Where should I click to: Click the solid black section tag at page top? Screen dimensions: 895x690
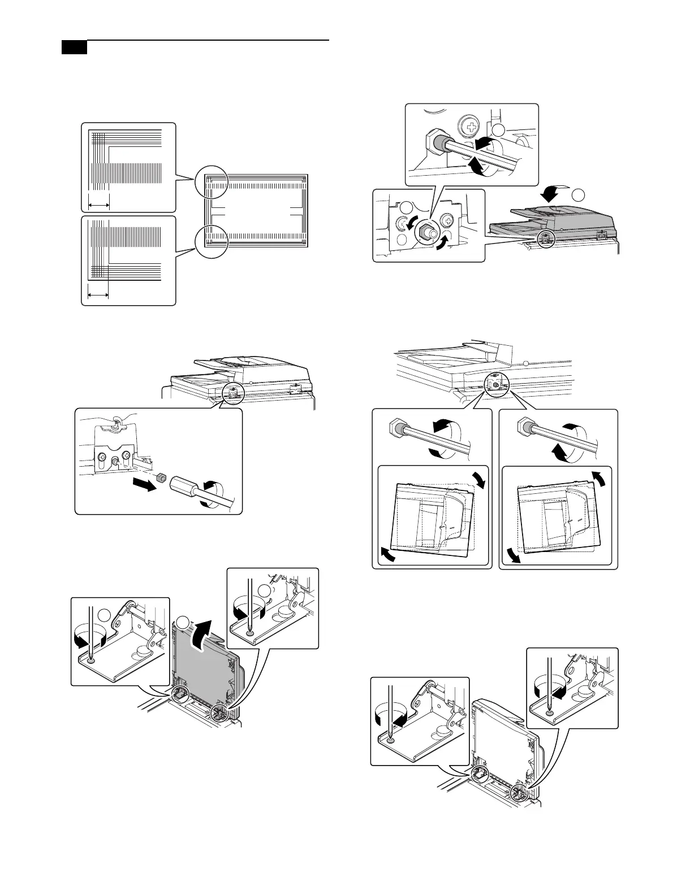point(74,47)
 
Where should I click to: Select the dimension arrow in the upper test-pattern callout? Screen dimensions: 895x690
point(98,205)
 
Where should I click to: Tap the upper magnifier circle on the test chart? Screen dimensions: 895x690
point(210,182)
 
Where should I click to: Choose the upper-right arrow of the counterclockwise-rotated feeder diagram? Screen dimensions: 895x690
point(602,479)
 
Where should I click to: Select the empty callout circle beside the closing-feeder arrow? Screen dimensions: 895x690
point(578,195)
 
